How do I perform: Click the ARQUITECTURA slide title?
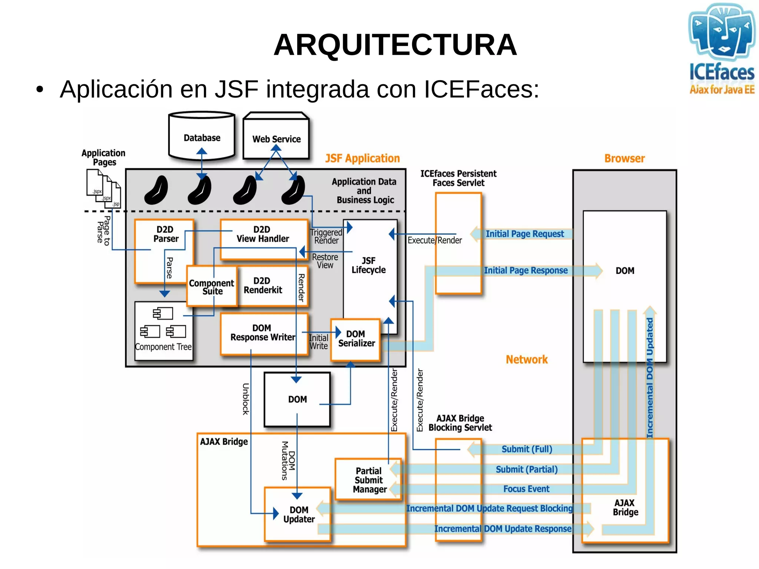click(395, 45)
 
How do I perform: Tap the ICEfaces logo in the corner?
click(721, 48)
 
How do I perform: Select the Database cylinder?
click(202, 136)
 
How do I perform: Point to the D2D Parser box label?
click(165, 234)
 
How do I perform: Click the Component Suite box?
click(211, 287)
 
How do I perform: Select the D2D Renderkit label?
click(262, 285)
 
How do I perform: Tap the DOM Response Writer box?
click(263, 333)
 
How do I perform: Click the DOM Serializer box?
click(356, 339)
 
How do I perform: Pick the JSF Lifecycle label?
click(368, 265)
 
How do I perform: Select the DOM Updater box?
click(298, 515)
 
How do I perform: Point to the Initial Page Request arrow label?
click(524, 234)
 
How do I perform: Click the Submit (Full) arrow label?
click(527, 449)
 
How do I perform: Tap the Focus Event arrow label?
click(526, 489)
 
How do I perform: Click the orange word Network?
click(526, 359)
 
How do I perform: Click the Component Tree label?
click(163, 347)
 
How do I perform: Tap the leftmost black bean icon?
click(156, 190)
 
